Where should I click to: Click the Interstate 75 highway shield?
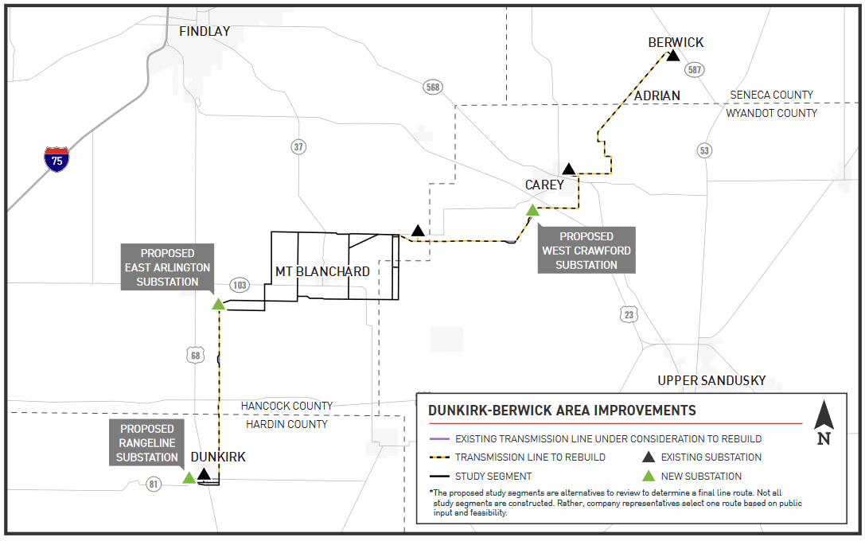[56, 159]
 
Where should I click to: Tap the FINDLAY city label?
[205, 31]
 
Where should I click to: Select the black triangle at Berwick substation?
[673, 56]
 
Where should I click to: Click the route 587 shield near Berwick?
[695, 70]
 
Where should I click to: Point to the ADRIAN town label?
[657, 95]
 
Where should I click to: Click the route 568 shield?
[432, 88]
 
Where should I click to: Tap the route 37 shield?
[298, 146]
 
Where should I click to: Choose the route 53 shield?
[703, 150]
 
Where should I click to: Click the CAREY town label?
[544, 185]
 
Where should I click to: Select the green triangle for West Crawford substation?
[532, 210]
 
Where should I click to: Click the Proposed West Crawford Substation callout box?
[586, 251]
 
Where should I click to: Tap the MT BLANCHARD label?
[322, 271]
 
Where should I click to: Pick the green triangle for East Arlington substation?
[218, 303]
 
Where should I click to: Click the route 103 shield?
[239, 285]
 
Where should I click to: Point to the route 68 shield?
[196, 356]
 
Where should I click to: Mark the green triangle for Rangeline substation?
[189, 477]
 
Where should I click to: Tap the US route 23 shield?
[629, 314]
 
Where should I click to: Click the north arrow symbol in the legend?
[824, 422]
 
